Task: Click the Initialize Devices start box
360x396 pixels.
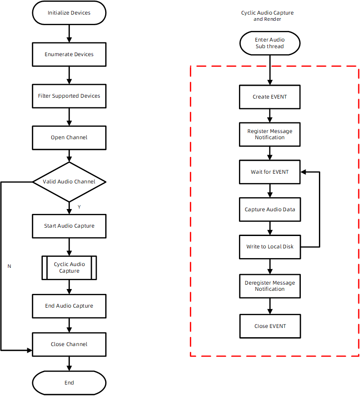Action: [69, 13]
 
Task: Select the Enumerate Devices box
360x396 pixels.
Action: [69, 54]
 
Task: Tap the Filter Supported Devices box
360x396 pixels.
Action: [69, 96]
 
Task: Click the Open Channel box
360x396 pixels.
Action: [69, 137]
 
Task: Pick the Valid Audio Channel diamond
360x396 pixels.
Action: [69, 182]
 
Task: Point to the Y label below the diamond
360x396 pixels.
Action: [79, 207]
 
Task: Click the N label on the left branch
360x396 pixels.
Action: [9, 266]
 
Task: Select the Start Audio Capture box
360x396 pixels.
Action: [69, 226]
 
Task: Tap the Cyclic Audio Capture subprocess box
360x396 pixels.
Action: [69, 267]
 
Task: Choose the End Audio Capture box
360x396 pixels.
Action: [69, 306]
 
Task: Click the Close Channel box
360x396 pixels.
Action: [69, 344]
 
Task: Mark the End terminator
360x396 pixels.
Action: [69, 383]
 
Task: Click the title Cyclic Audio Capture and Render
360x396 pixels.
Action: [267, 16]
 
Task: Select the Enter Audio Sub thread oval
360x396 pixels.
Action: [269, 43]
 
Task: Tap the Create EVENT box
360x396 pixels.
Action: [269, 97]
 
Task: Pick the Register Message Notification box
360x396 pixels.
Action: [269, 134]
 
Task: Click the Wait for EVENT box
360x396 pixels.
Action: [269, 172]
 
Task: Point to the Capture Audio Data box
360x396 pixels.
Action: [269, 209]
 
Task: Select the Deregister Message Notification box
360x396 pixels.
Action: [269, 286]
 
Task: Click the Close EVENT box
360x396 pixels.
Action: [269, 326]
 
